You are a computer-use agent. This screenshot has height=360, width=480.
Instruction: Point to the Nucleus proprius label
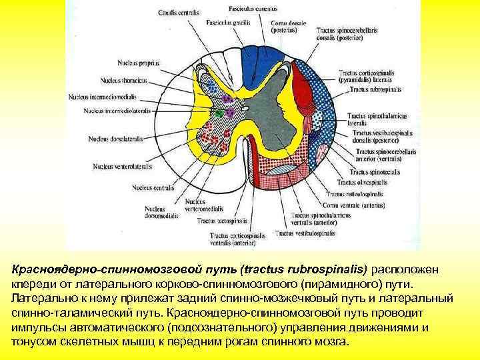(137, 63)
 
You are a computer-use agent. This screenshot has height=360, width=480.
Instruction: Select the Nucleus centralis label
(153, 188)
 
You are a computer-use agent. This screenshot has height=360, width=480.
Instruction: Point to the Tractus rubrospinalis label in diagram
(375, 89)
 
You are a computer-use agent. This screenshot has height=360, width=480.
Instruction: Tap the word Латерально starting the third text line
(42, 297)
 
